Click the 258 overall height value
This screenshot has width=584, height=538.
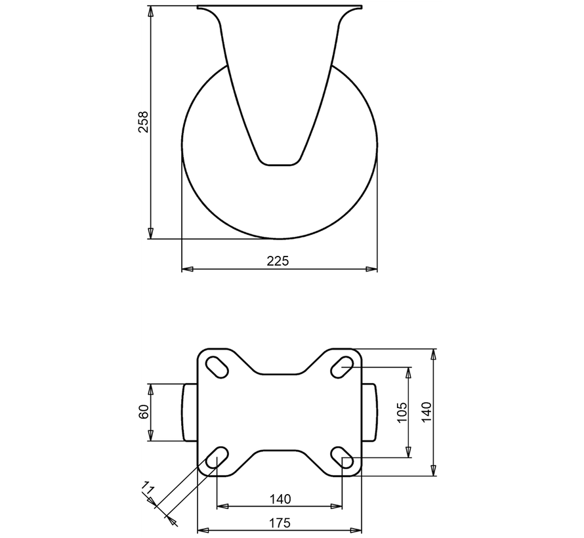(143, 122)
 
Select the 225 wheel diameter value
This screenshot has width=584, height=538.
(278, 261)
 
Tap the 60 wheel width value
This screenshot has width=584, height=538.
(144, 413)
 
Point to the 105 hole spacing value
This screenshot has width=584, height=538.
(402, 412)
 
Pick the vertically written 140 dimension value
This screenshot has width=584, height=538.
(426, 412)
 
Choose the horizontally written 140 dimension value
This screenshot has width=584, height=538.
(280, 499)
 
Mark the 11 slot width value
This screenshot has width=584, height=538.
(148, 489)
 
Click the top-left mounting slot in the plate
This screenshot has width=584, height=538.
(217, 365)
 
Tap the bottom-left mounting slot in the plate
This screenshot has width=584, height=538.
(217, 459)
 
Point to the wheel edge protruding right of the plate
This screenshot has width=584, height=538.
(369, 413)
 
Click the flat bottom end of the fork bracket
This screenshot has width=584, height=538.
(280, 163)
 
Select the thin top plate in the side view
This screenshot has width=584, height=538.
(280, 8)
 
